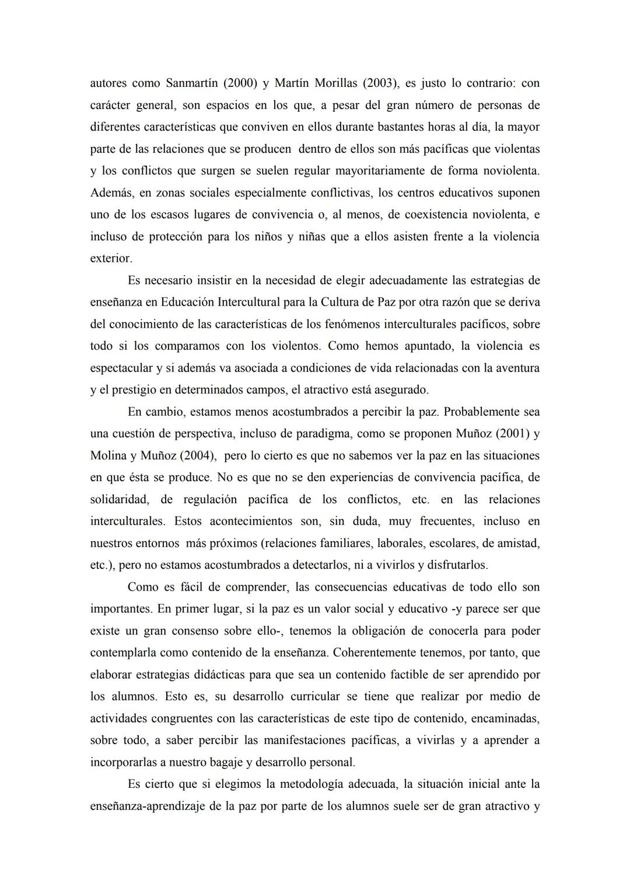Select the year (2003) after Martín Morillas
(x=381, y=83)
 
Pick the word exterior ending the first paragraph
(x=111, y=258)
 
